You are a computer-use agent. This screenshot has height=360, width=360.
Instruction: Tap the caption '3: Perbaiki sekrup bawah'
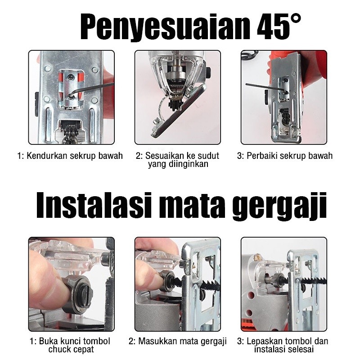pyautogui.click(x=284, y=156)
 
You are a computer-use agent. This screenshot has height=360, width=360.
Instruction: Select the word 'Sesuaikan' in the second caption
pyautogui.click(x=164, y=156)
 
